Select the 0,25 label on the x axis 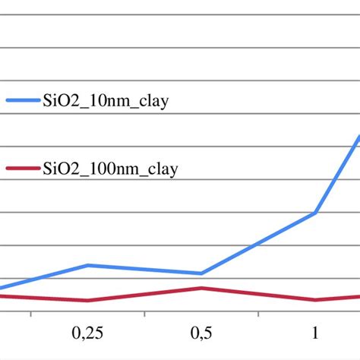(x=87, y=333)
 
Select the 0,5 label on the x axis (x=201, y=333)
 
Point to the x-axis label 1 (x=315, y=333)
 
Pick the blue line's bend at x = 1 (x=315, y=213)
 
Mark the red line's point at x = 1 (x=315, y=299)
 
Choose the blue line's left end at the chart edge (x=2, y=288)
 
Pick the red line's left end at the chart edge (x=2, y=295)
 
